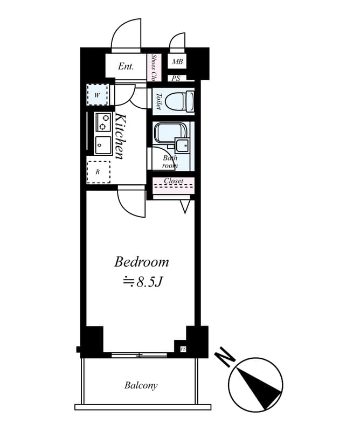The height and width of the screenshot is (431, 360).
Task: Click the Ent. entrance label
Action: pyautogui.click(x=126, y=67)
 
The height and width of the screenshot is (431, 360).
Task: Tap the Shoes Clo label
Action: pyautogui.click(x=154, y=67)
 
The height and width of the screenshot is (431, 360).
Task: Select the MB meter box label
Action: pyautogui.click(x=177, y=62)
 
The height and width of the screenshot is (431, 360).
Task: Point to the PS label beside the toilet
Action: pyautogui.click(x=176, y=78)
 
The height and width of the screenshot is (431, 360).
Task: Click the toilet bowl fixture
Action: pyautogui.click(x=178, y=101)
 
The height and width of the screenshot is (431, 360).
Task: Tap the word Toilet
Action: pyautogui.click(x=158, y=101)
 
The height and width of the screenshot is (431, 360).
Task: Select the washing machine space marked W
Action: pyautogui.click(x=97, y=95)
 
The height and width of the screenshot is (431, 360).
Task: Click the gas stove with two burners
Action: pyautogui.click(x=103, y=122)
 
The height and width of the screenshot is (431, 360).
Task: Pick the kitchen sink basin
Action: pyautogui.click(x=103, y=145)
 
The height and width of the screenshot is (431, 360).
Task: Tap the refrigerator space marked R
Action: pyautogui.click(x=98, y=172)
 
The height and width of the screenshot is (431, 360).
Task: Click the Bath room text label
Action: pyautogui.click(x=170, y=162)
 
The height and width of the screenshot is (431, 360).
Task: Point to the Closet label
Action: pyautogui.click(x=174, y=181)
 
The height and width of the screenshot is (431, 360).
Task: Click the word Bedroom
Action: pyautogui.click(x=141, y=262)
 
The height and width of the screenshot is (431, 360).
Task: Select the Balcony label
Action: pyautogui.click(x=141, y=385)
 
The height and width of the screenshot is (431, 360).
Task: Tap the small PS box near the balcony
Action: pyautogui.click(x=183, y=349)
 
